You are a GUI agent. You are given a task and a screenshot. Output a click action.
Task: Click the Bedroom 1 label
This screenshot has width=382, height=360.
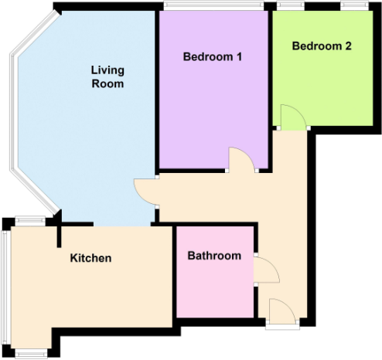coord(213,57)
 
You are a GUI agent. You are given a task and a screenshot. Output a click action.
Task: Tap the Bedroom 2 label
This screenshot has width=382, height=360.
coord(321,46)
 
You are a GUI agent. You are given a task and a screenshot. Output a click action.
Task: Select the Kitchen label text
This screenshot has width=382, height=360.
coord(90,258)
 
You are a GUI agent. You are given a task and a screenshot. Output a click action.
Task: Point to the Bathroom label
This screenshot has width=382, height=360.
coord(214,256)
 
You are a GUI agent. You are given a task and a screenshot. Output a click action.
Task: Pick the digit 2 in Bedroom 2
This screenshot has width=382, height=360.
coord(348,46)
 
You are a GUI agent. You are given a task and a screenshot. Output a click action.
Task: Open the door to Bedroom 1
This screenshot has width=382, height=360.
coord(242,160)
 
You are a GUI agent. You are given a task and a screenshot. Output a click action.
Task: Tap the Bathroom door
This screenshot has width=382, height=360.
coord(264,270)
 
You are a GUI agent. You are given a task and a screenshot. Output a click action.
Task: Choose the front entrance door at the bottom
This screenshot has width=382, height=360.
coord(282,314)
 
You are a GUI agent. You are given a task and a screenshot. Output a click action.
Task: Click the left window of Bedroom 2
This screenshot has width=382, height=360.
coord(290,7)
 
